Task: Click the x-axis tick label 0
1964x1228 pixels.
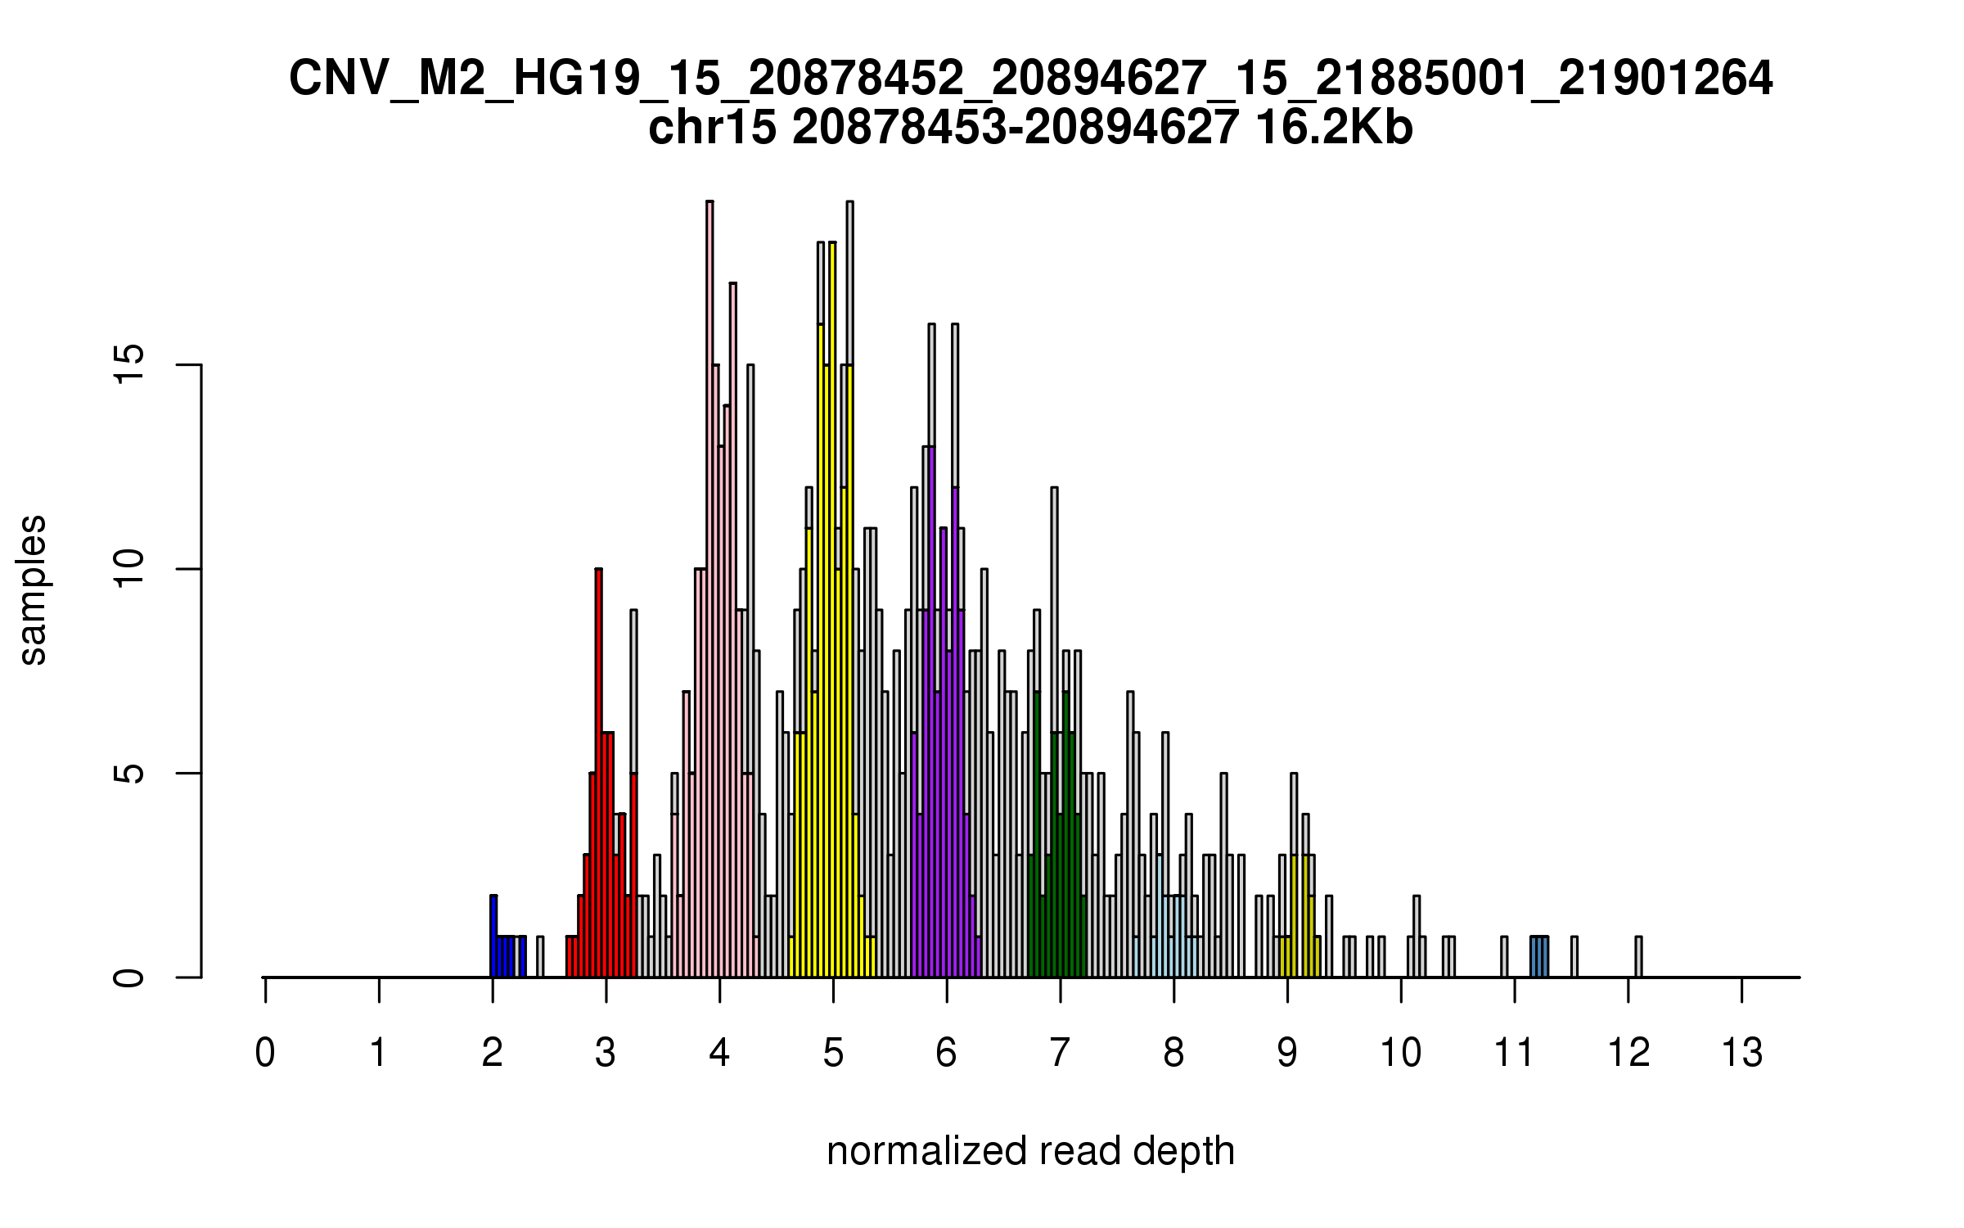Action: pos(265,1053)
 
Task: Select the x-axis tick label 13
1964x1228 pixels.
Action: pos(1741,1053)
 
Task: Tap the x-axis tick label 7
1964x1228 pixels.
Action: pos(1060,1053)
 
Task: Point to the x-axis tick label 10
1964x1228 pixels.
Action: pos(1400,1053)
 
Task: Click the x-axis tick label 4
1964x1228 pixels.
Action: pos(719,1053)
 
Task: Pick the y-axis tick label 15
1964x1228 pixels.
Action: pos(129,364)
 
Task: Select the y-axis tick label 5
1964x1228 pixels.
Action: pos(129,773)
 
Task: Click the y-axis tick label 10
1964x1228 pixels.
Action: pos(129,569)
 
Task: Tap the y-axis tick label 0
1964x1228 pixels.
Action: pos(129,977)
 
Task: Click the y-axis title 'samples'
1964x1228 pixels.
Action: pos(33,589)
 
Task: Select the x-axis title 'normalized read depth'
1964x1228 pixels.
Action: pos(1030,1151)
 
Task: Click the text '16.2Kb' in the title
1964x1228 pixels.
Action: pos(1333,129)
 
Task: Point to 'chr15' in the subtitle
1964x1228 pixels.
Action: pos(712,129)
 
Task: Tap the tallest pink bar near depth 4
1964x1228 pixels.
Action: pos(710,589)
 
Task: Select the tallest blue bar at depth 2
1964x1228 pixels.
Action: pos(493,937)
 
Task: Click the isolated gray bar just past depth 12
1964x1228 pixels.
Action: pos(1638,957)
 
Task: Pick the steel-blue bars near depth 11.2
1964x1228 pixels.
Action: pos(1539,957)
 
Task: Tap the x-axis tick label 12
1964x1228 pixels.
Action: pos(1628,1053)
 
